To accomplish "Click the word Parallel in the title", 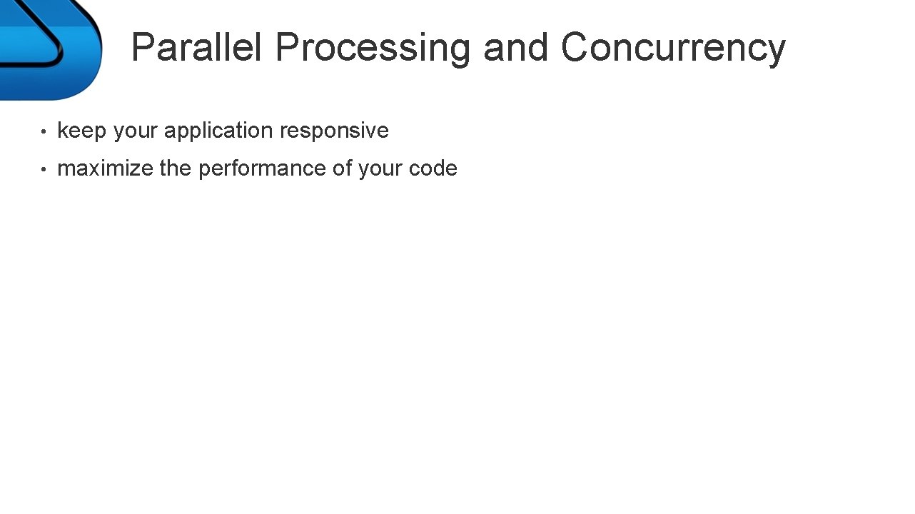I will [196, 48].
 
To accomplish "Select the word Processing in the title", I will [373, 48].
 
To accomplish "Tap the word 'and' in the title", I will [517, 48].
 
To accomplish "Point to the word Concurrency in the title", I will [672, 48].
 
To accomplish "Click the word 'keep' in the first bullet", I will [81, 131].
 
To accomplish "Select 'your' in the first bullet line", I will [135, 131].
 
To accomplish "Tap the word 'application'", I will [218, 131].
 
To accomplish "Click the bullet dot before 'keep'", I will [44, 132].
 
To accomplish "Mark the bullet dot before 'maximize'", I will [44, 170].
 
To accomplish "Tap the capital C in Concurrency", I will [575, 48].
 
